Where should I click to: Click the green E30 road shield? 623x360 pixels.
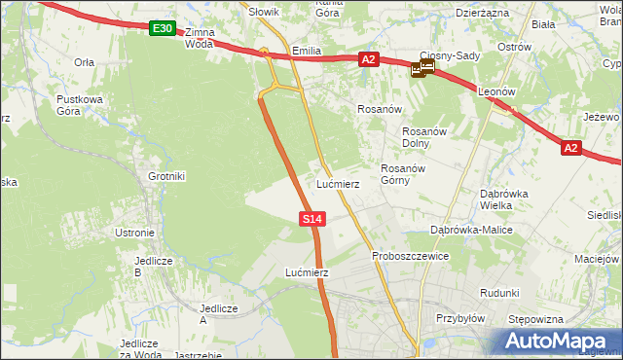pyautogui.click(x=163, y=29)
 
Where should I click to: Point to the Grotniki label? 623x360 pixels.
pyautogui.click(x=166, y=177)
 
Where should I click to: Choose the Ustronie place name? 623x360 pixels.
pyautogui.click(x=135, y=233)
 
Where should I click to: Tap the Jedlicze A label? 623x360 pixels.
pyautogui.click(x=218, y=313)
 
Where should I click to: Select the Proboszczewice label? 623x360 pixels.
pyautogui.click(x=410, y=256)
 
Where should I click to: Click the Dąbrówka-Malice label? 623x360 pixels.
pyautogui.click(x=471, y=230)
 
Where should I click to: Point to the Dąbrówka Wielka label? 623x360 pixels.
pyautogui.click(x=503, y=198)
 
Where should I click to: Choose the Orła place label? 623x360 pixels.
pyautogui.click(x=84, y=60)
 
